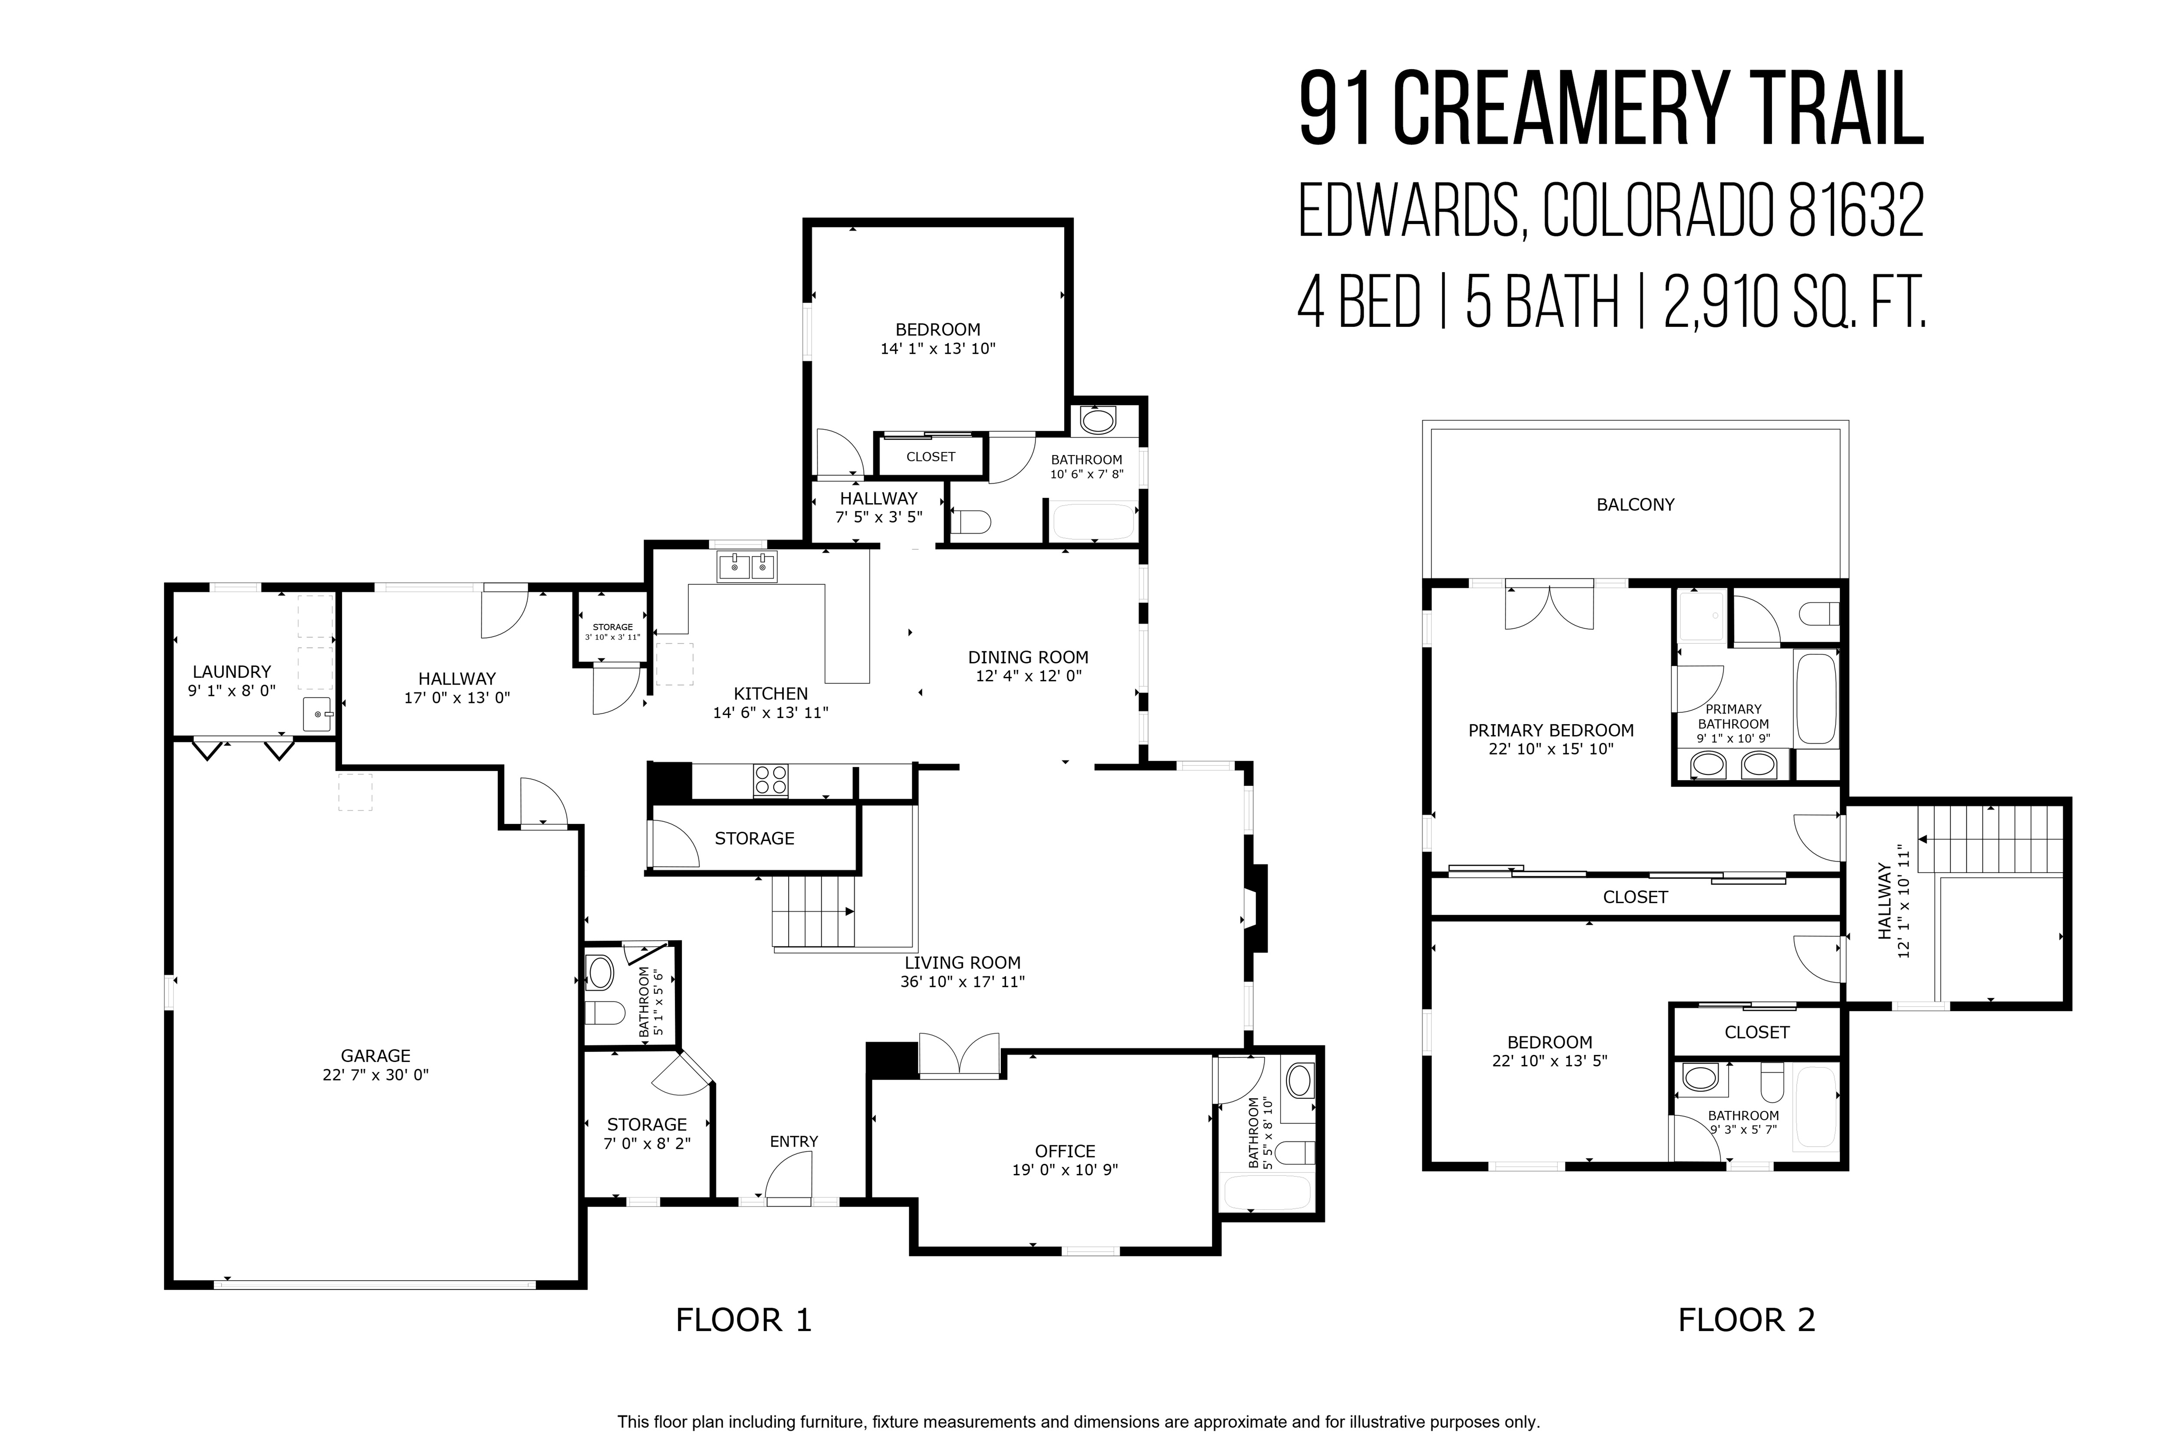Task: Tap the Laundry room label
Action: (232, 672)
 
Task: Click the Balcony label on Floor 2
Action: (1635, 505)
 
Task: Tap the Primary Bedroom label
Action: (1551, 731)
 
